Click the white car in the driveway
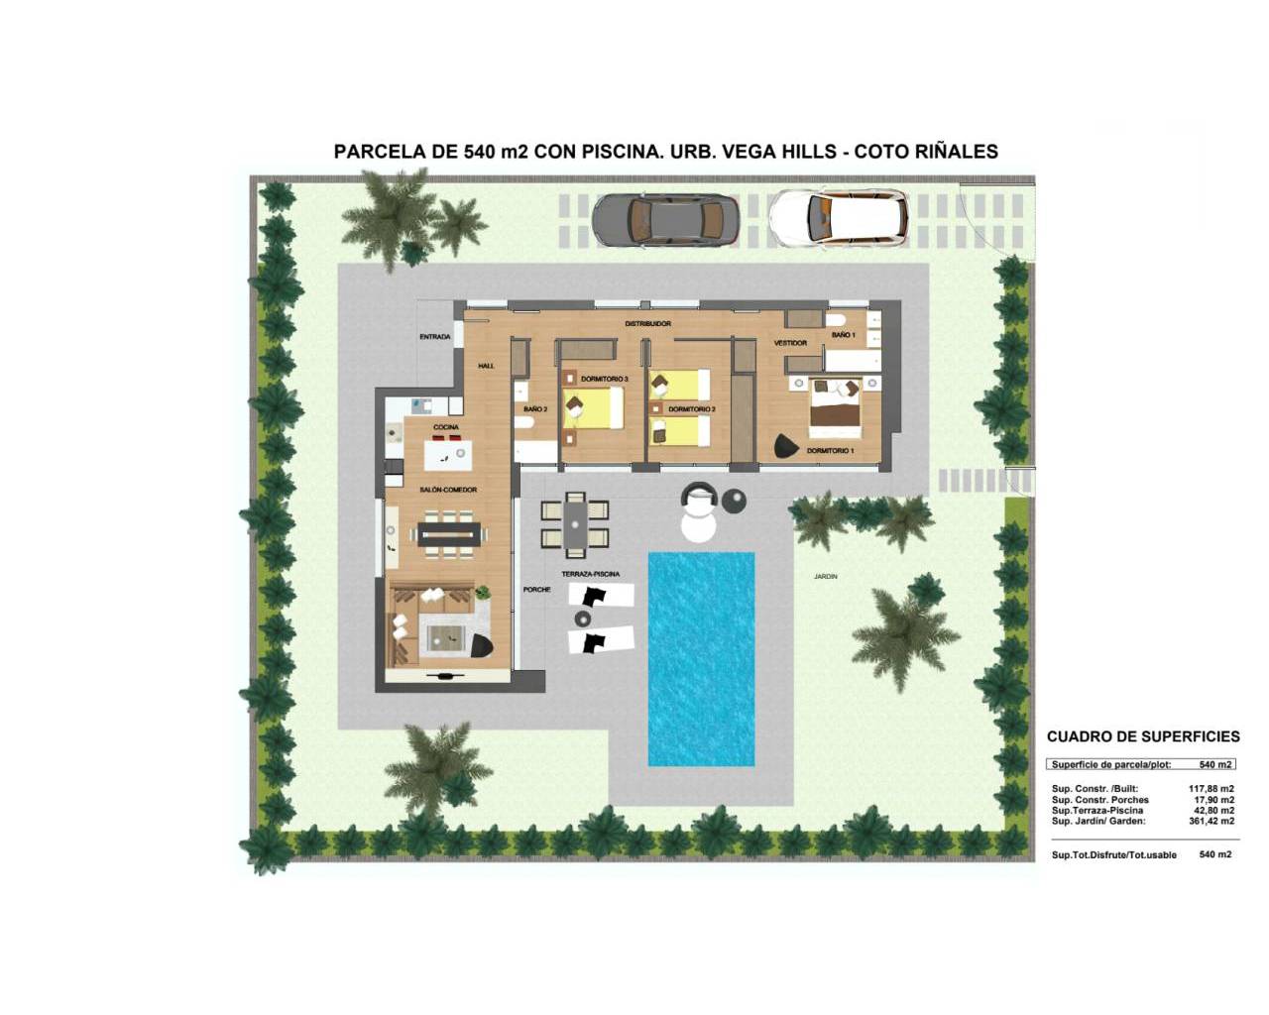pyautogui.click(x=839, y=218)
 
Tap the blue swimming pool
pyautogui.click(x=701, y=659)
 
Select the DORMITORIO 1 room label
pyautogui.click(x=830, y=451)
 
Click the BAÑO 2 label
pyautogui.click(x=535, y=408)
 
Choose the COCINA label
pyautogui.click(x=445, y=427)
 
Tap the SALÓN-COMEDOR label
pyautogui.click(x=448, y=490)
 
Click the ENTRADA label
pyautogui.click(x=434, y=337)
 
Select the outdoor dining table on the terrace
pyautogui.click(x=574, y=525)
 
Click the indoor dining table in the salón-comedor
pyautogui.click(x=449, y=534)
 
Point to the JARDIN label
pyautogui.click(x=826, y=576)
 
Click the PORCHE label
pyautogui.click(x=536, y=589)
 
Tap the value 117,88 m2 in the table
pyautogui.click(x=1211, y=789)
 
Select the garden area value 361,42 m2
pyautogui.click(x=1211, y=821)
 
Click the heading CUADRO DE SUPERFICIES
pyautogui.click(x=1143, y=736)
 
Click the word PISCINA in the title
pyautogui.click(x=621, y=152)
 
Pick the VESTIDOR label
pyautogui.click(x=790, y=343)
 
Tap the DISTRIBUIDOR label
pyautogui.click(x=648, y=324)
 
